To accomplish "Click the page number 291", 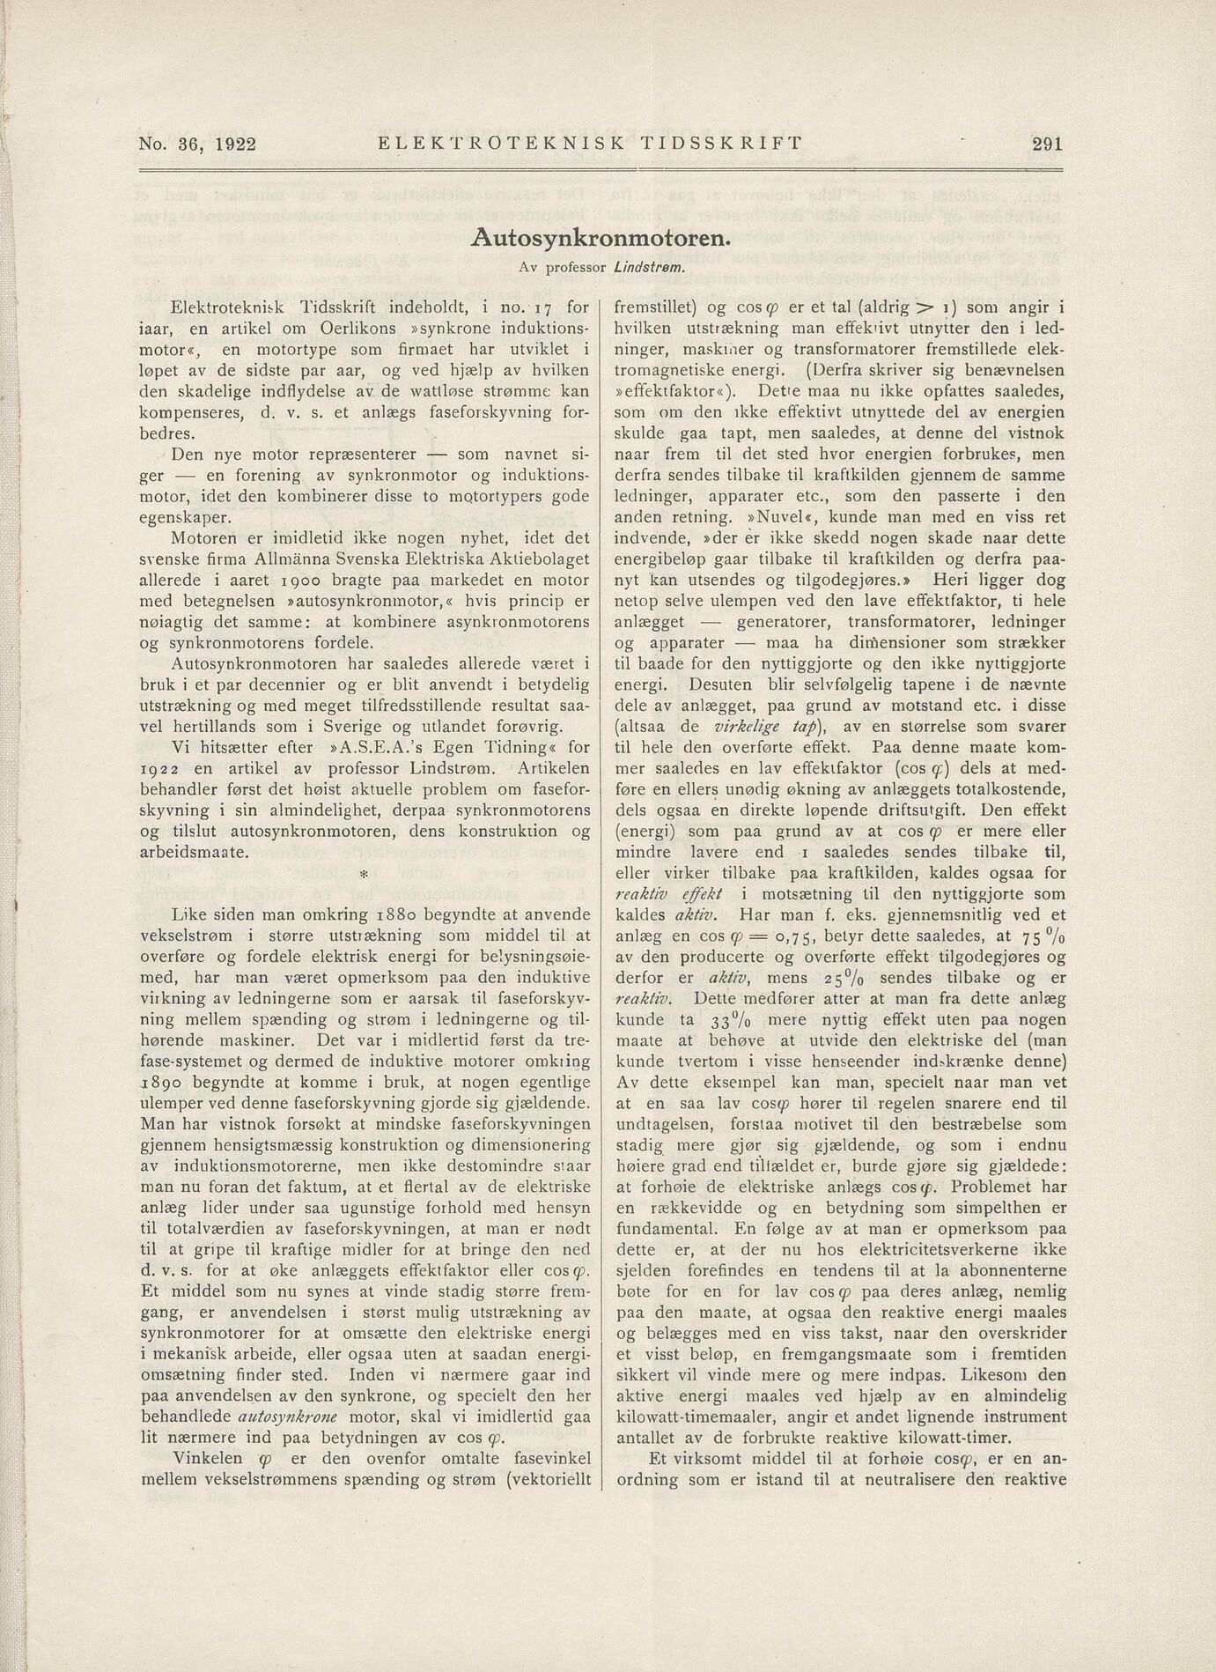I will coord(1046,144).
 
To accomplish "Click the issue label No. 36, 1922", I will coord(197,144).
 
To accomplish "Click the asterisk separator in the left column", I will coord(363,877).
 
